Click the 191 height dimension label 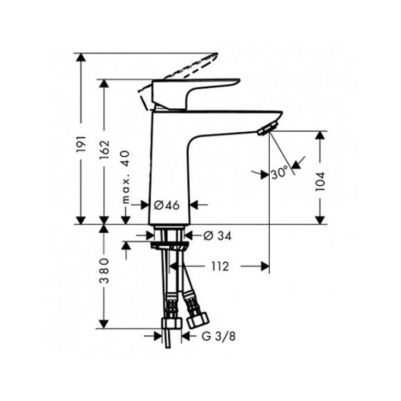[81, 144]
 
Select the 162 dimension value [105, 150]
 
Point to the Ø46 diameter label [167, 205]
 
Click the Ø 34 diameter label [217, 236]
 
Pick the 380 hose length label [104, 271]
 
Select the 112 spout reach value [220, 267]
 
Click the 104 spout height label [320, 181]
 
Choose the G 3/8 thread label [219, 337]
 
